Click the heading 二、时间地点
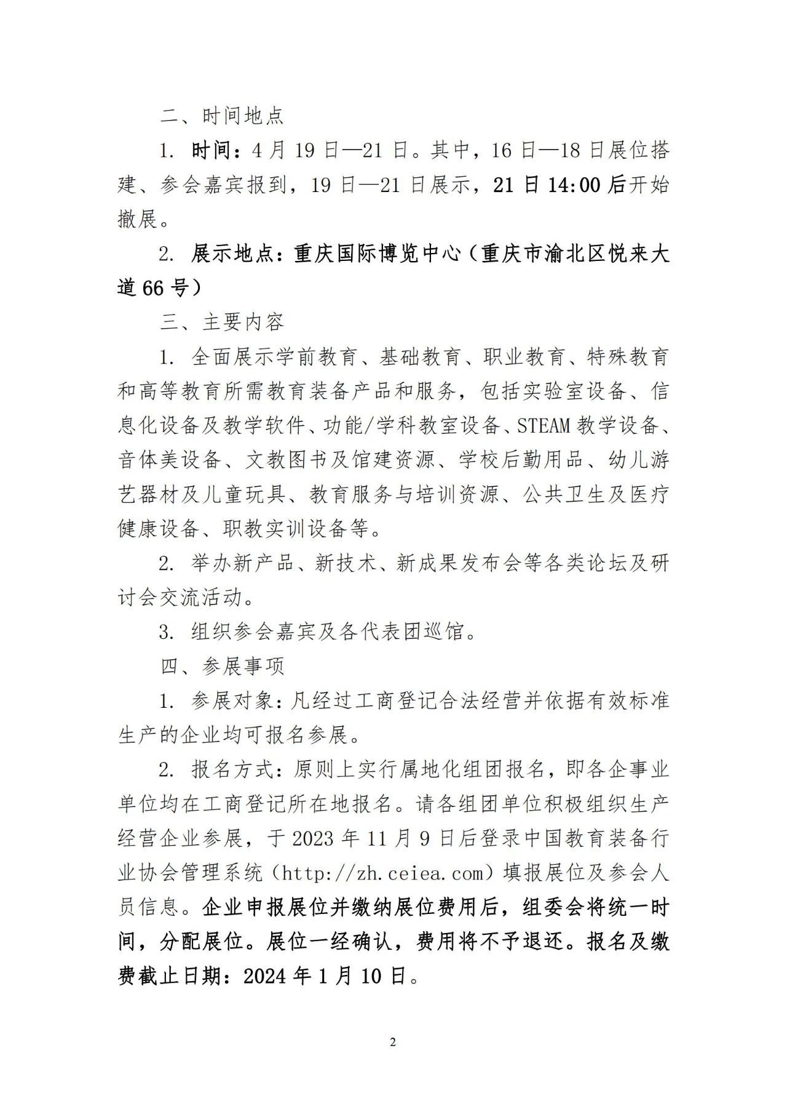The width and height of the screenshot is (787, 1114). click(x=222, y=116)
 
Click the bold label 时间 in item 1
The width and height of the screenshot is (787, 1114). click(x=212, y=150)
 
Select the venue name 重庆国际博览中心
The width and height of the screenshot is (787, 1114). click(x=377, y=254)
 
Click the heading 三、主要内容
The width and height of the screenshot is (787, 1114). click(x=222, y=322)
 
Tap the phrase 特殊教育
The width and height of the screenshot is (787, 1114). click(x=628, y=357)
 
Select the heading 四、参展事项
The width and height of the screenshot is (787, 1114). click(x=222, y=666)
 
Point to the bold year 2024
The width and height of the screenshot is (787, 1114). click(x=266, y=976)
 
